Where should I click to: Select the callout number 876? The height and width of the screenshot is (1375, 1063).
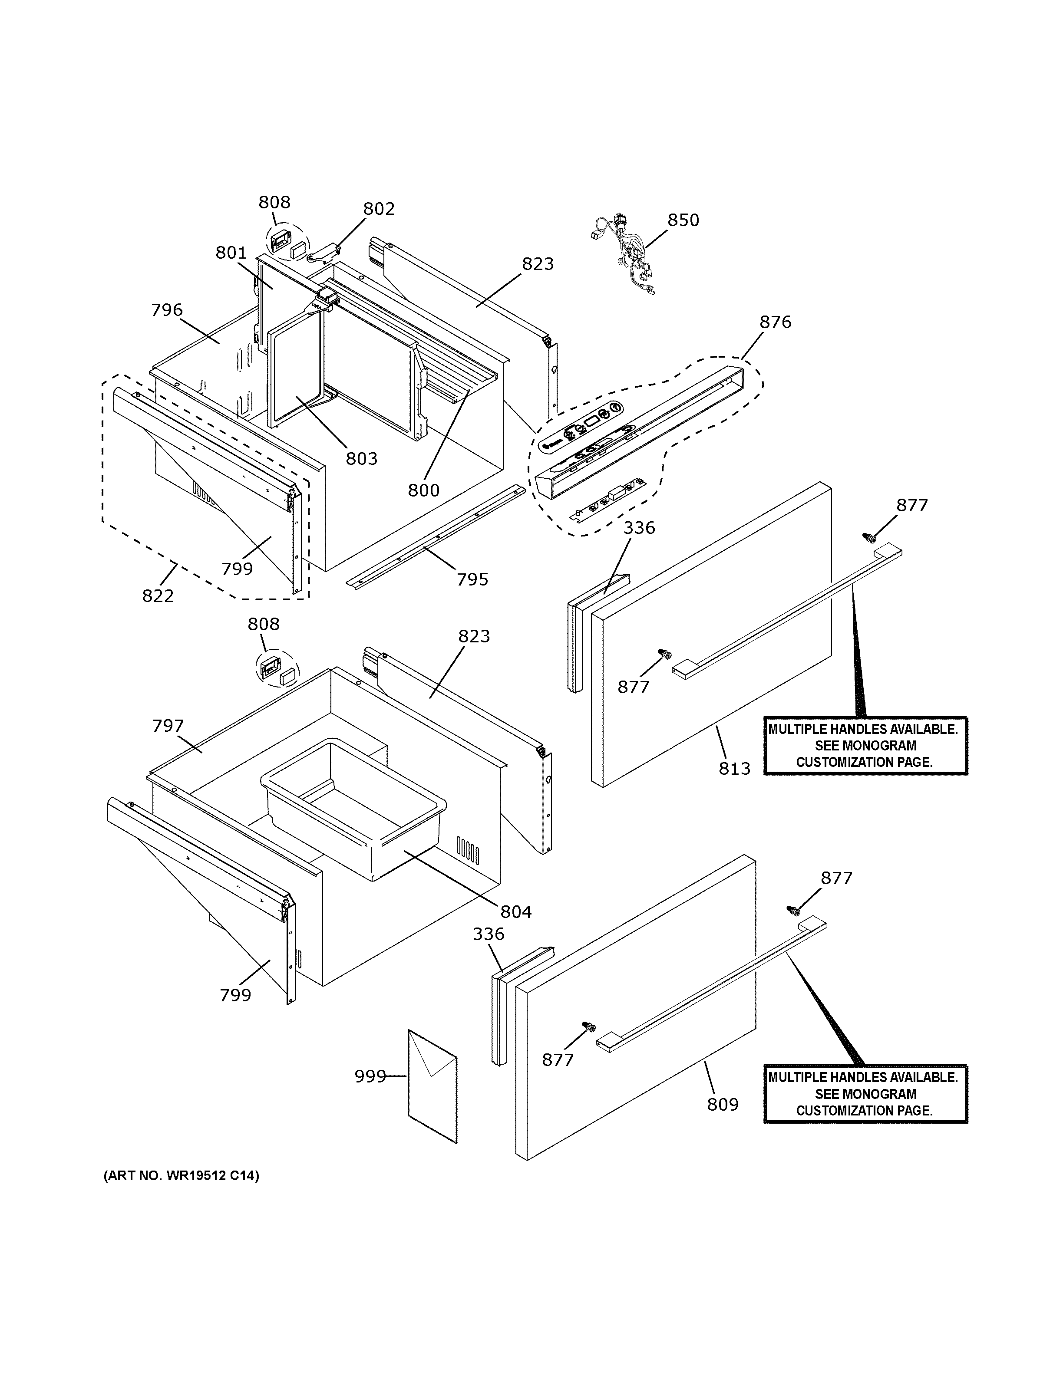(775, 322)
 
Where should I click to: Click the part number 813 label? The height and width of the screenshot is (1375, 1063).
(734, 768)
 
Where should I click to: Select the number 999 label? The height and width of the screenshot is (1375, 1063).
(370, 1076)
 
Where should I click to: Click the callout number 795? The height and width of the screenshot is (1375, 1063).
(472, 579)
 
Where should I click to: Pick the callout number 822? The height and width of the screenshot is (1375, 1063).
(158, 595)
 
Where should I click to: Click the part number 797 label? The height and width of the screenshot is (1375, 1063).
(168, 726)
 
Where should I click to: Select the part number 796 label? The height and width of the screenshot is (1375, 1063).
(167, 310)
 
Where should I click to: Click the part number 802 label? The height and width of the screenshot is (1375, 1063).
(379, 209)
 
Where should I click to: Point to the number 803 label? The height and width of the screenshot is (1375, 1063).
(361, 458)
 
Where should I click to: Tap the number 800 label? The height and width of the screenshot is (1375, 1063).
(423, 490)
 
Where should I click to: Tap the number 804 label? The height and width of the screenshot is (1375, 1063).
(516, 911)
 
